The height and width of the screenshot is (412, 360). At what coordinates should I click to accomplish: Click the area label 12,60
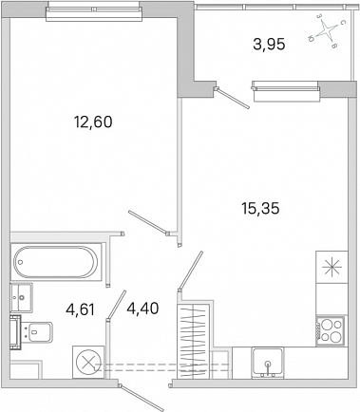point(93,122)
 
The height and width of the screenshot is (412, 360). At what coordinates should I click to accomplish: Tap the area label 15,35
point(260,209)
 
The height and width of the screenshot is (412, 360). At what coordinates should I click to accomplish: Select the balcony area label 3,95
point(269,44)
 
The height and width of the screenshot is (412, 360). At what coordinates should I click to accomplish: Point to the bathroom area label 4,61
point(80,309)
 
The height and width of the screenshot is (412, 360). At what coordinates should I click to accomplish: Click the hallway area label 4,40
point(142,309)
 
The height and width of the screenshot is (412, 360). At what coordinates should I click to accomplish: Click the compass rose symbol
point(326,30)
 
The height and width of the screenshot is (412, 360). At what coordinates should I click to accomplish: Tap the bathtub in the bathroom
point(56,262)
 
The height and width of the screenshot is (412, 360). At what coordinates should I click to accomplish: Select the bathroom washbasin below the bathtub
point(22,297)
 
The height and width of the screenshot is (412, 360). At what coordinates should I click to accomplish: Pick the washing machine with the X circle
point(88,362)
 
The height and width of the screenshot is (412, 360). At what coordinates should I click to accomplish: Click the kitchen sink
point(268,363)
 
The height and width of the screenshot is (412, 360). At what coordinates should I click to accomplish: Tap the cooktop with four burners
point(330,331)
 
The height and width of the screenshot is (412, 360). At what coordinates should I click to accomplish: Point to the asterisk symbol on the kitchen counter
point(332,267)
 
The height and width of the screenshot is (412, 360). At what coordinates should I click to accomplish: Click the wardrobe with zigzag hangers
point(194,341)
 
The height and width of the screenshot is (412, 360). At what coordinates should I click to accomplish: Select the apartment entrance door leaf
point(142,398)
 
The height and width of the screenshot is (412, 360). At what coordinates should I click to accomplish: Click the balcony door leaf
point(234,98)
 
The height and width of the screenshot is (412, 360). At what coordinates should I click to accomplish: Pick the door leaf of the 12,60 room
point(148,223)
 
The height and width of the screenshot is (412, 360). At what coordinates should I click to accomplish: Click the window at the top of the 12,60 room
point(93,11)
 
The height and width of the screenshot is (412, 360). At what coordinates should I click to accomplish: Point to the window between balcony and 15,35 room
point(285,91)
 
